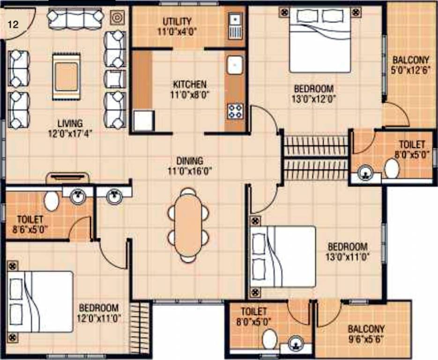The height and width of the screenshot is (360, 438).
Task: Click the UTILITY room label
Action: [177, 21]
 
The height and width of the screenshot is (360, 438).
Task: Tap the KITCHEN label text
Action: [190, 84]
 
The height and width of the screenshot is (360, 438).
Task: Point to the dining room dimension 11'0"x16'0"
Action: [190, 171]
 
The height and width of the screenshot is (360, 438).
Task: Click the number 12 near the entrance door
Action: [13, 24]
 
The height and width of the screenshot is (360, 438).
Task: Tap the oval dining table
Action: [188, 225]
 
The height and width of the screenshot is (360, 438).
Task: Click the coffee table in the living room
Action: [67, 76]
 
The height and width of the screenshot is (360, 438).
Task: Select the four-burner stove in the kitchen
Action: [235, 111]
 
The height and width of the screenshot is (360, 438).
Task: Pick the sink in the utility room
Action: [235, 26]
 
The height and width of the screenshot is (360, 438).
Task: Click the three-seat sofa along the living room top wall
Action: [75, 18]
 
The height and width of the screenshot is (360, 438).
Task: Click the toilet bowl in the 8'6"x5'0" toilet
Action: [52, 201]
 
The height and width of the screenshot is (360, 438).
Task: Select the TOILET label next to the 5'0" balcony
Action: [412, 144]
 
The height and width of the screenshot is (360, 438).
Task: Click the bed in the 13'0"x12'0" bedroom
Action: [320, 40]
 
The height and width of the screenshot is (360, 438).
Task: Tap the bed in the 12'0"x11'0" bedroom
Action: [40, 301]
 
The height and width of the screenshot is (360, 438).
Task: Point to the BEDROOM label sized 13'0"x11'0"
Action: [348, 247]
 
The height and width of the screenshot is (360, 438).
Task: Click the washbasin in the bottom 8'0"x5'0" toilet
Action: [296, 344]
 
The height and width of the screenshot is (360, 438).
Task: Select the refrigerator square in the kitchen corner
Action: [144, 121]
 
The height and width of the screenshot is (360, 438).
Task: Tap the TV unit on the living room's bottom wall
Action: [68, 178]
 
